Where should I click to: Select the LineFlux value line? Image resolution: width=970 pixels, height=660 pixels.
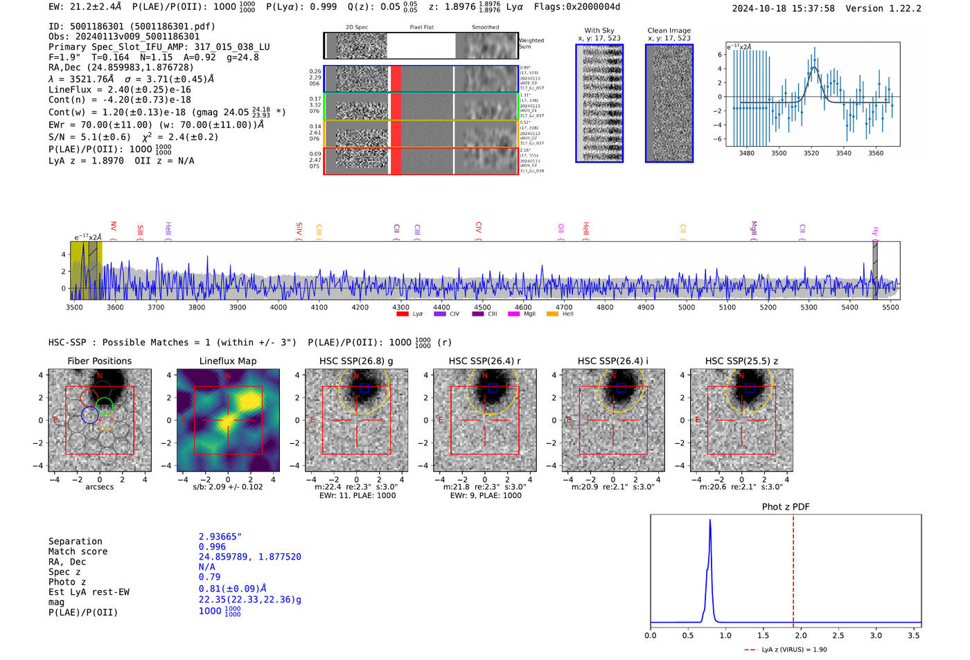[119, 89]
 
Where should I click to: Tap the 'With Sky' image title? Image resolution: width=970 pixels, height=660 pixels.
[599, 30]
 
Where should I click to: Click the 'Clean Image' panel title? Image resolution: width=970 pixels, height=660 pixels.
[669, 30]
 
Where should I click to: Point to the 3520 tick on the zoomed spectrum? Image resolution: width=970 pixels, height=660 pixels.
[811, 153]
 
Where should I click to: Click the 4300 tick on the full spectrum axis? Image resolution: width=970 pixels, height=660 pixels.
[400, 307]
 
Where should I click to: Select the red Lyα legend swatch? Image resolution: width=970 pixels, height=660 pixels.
[403, 314]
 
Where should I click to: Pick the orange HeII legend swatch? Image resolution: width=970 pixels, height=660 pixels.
[552, 314]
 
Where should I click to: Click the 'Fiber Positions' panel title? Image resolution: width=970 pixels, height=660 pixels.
[99, 361]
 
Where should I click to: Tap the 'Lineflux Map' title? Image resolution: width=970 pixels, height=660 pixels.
[227, 361]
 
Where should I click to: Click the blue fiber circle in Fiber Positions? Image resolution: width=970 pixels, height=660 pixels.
[89, 415]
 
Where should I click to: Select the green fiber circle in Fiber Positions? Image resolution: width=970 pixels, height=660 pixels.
[105, 406]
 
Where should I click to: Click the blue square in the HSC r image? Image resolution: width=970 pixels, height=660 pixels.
[493, 388]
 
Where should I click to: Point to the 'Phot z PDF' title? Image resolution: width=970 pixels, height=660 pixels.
[785, 506]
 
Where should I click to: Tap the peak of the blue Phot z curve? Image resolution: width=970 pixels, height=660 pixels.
[710, 521]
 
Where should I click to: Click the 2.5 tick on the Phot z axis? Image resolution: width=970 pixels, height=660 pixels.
[838, 635]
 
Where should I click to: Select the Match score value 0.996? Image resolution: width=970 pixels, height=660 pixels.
[212, 546]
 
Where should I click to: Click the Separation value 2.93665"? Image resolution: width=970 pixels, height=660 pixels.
[220, 537]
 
